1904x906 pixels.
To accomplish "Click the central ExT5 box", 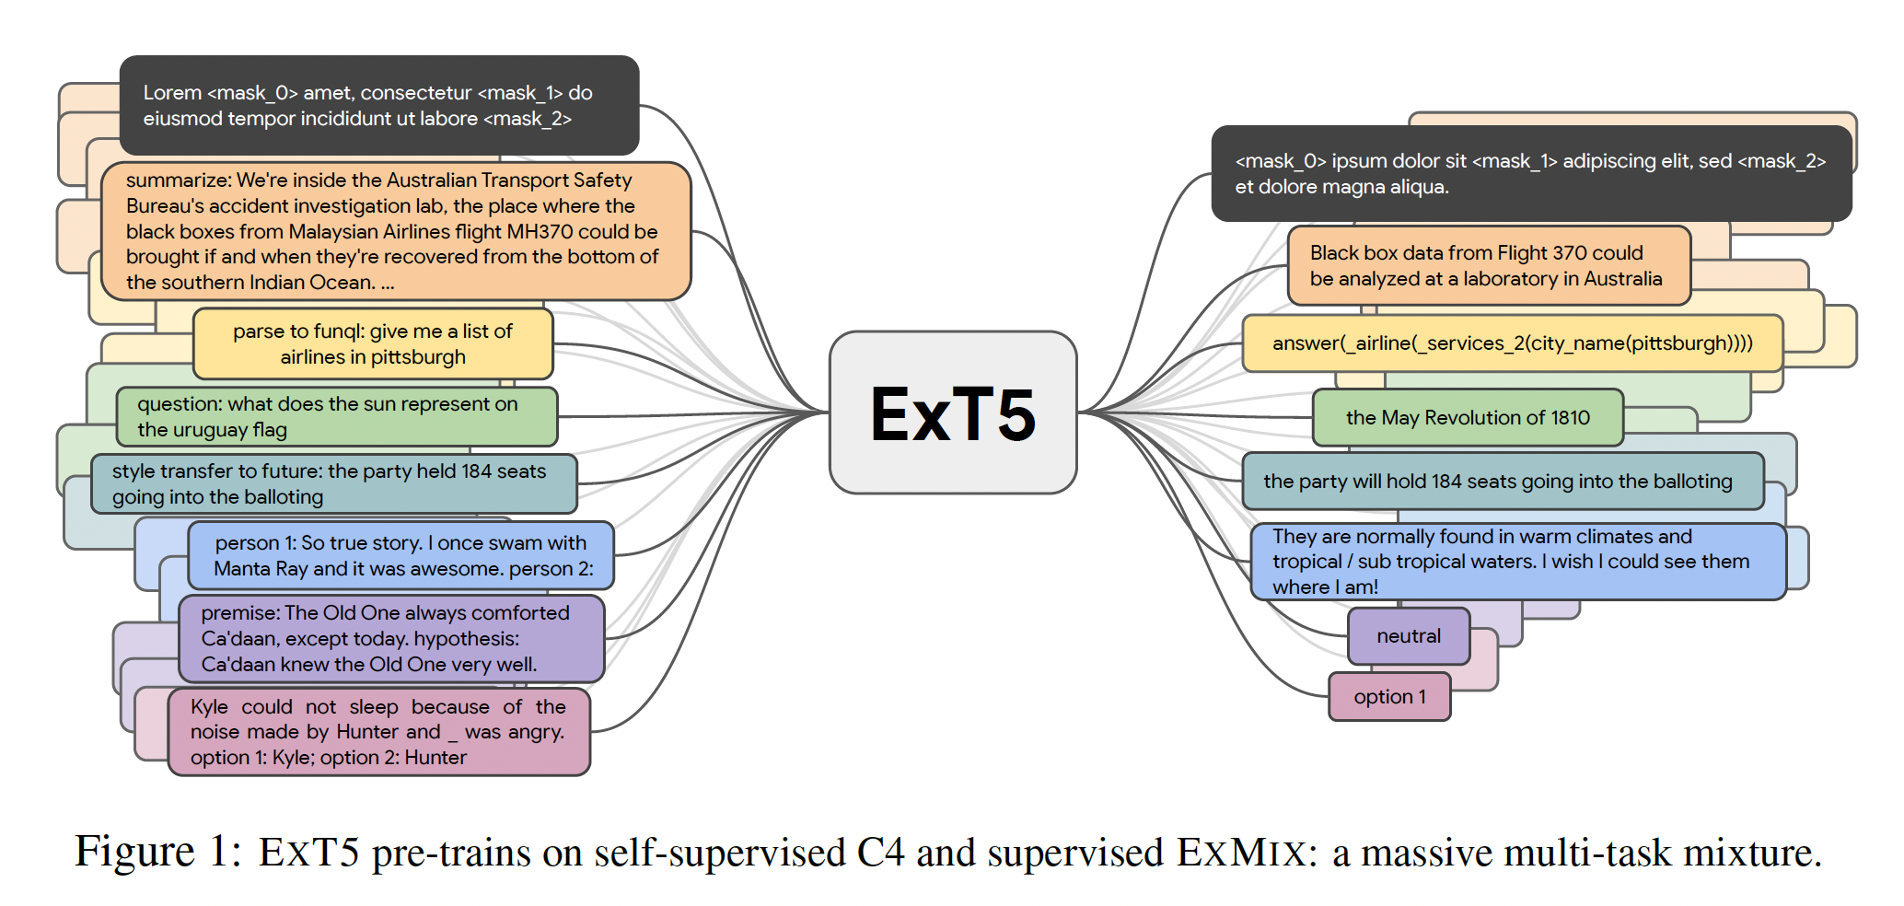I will click(x=953, y=412).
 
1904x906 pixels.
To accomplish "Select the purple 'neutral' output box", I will click(x=1408, y=636).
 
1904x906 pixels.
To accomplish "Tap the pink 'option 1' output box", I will click(x=1388, y=697).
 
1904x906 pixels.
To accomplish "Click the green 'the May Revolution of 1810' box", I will click(x=1467, y=418).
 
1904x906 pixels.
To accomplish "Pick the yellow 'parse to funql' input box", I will click(x=373, y=344).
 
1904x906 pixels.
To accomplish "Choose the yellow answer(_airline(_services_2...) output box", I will click(x=1512, y=343).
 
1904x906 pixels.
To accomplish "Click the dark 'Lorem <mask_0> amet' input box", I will click(x=378, y=105).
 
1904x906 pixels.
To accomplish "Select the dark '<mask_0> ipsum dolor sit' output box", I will click(x=1530, y=174).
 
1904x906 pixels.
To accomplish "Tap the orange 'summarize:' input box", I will click(x=395, y=231).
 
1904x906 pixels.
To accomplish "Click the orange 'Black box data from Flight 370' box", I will click(x=1488, y=266).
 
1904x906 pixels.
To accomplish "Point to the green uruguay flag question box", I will click(x=336, y=417).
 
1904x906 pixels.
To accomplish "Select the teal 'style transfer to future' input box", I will click(x=333, y=484).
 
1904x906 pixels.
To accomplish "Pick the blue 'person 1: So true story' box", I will click(x=401, y=556).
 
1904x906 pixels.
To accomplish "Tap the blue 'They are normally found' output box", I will click(x=1516, y=562).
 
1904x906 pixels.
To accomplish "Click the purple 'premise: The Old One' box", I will click(x=390, y=639).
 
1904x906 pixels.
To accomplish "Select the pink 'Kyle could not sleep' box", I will click(x=378, y=732).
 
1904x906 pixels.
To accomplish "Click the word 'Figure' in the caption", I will click(x=134, y=852).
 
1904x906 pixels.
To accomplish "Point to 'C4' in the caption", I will click(x=880, y=852).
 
